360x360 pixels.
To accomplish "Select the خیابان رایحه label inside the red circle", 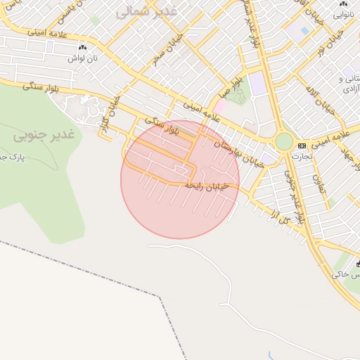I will point(204,186).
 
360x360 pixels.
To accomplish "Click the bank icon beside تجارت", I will point(302,146).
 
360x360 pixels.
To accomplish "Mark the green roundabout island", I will point(284,141).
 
